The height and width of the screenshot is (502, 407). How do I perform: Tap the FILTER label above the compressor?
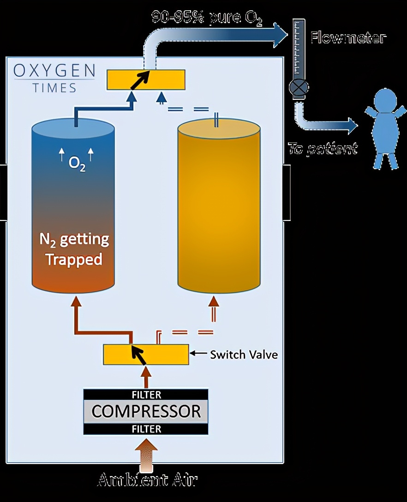point(146,395)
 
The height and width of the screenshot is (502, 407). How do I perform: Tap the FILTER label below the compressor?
point(146,429)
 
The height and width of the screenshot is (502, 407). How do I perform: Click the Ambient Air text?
point(148,480)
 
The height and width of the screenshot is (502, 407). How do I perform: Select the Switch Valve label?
point(244,355)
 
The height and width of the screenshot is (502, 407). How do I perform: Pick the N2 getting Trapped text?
point(74,250)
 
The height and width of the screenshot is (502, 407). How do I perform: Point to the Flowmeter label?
point(347,37)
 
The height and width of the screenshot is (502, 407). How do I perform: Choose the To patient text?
point(323,148)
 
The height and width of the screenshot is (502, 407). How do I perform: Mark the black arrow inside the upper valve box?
point(140,80)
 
